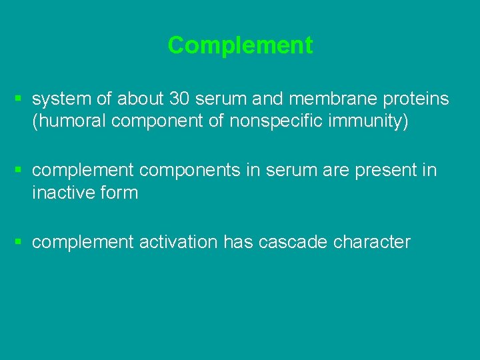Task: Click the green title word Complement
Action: point(240,45)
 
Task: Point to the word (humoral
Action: point(66,122)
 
